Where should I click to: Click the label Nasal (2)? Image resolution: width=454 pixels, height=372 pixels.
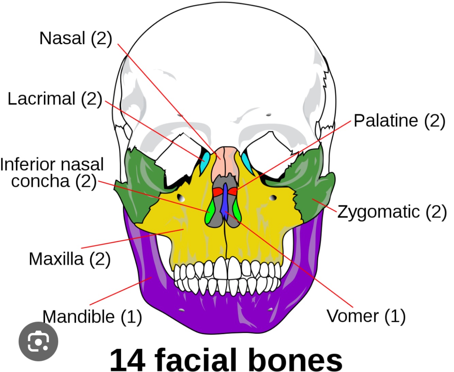click(x=76, y=38)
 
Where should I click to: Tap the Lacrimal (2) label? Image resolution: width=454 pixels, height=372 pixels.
click(x=55, y=99)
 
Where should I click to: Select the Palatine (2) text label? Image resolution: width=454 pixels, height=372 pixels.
click(x=399, y=121)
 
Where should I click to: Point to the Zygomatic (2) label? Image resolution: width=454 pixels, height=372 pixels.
click(x=392, y=212)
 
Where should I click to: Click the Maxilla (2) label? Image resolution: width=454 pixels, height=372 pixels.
click(x=69, y=259)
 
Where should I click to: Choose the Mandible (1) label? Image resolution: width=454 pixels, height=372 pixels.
click(x=92, y=317)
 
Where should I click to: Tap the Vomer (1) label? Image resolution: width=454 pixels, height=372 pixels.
click(x=366, y=316)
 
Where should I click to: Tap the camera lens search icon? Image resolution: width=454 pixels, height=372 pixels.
click(x=38, y=341)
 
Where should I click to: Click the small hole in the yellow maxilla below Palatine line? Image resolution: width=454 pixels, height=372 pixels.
click(x=273, y=198)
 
